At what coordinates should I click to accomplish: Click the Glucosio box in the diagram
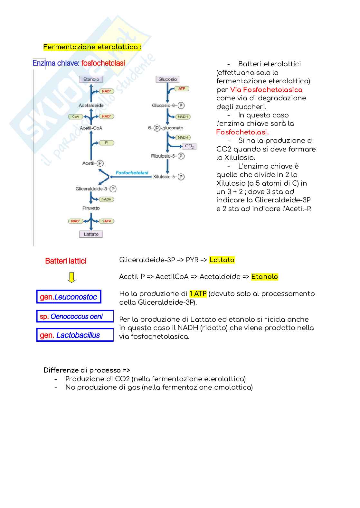(x=167, y=79)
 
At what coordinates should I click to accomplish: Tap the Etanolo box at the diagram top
(x=91, y=79)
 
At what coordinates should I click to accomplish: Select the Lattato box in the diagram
(x=91, y=234)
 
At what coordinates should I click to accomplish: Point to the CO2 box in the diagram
(x=189, y=146)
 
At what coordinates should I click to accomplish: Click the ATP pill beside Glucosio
(x=182, y=88)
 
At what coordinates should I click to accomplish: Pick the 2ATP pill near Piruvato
(x=107, y=221)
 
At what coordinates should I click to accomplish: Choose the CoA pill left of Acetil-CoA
(x=76, y=116)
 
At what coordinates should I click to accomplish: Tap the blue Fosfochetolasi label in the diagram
(x=132, y=173)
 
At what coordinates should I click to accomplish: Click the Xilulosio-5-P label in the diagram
(x=168, y=177)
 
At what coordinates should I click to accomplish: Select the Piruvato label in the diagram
(x=91, y=208)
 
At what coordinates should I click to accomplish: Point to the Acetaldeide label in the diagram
(x=91, y=105)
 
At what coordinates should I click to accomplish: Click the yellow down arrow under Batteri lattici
(x=71, y=277)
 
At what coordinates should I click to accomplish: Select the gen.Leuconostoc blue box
(x=69, y=297)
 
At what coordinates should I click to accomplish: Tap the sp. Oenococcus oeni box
(x=75, y=316)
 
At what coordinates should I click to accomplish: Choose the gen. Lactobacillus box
(x=75, y=335)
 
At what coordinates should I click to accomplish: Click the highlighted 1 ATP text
(x=198, y=294)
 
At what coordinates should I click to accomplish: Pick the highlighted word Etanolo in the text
(x=264, y=277)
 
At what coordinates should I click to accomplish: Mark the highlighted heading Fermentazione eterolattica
(x=92, y=47)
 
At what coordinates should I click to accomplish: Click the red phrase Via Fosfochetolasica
(x=266, y=90)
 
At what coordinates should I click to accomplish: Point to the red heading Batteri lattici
(x=66, y=261)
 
